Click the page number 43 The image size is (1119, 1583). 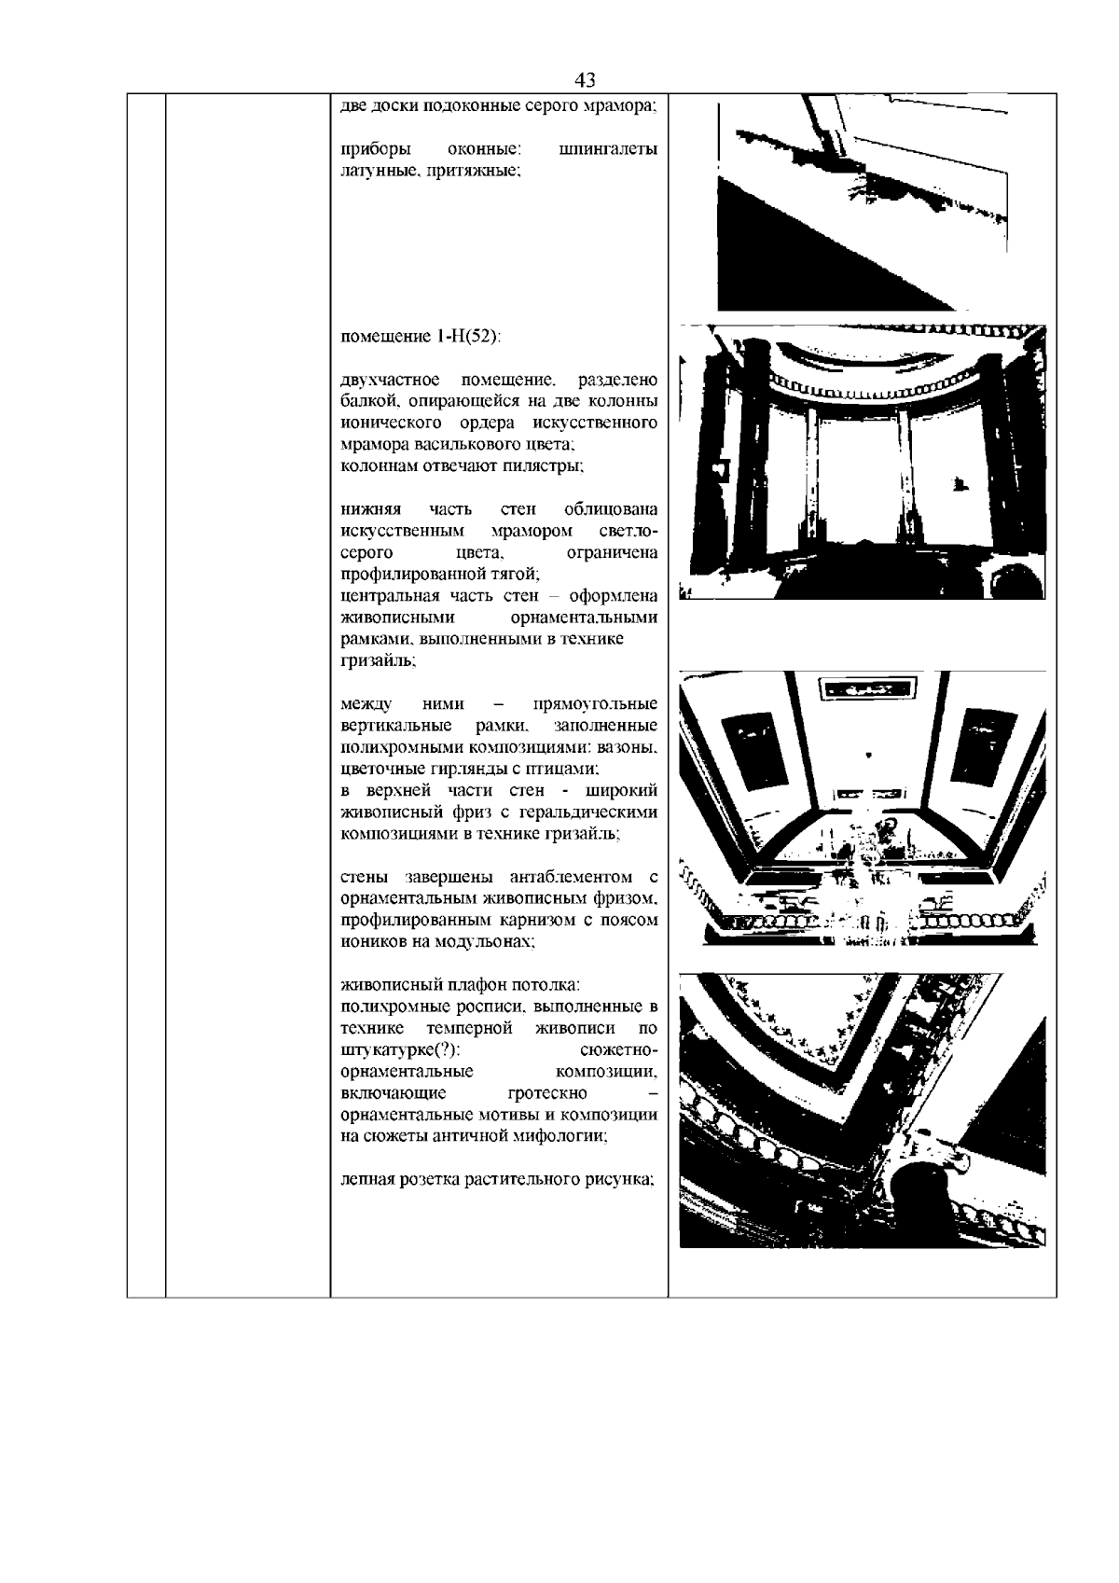[587, 78]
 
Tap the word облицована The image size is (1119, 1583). [611, 509]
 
